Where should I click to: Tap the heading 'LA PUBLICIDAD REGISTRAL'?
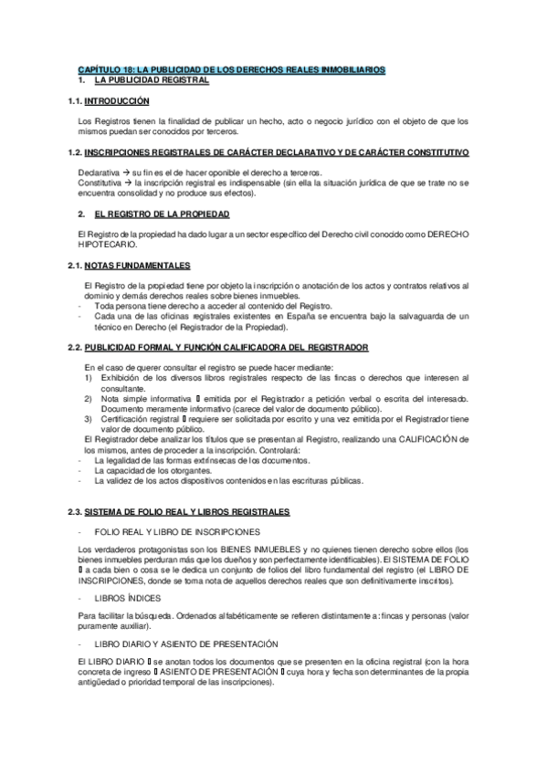point(152,80)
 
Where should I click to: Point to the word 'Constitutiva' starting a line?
point(101,182)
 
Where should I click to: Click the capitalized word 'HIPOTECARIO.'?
point(109,245)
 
